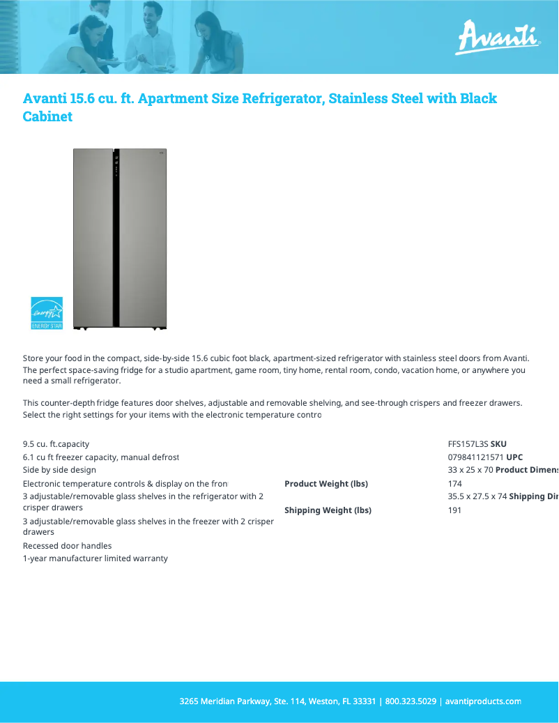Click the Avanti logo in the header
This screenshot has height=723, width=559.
(x=498, y=38)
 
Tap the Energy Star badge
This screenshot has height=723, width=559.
(x=47, y=313)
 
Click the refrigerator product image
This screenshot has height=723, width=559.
(x=120, y=238)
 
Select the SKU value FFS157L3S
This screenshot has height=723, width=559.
(x=468, y=444)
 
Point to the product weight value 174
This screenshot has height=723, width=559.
(x=454, y=484)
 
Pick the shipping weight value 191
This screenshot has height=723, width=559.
(x=454, y=510)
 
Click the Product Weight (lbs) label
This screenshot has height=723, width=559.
(x=326, y=484)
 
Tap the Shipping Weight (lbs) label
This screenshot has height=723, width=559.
(x=328, y=510)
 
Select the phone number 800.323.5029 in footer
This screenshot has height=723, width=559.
(x=411, y=701)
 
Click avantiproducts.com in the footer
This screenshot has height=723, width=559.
(x=483, y=701)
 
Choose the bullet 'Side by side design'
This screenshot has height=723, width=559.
(x=59, y=471)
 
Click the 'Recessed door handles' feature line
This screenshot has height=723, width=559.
(x=67, y=546)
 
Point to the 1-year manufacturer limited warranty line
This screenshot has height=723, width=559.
(x=95, y=558)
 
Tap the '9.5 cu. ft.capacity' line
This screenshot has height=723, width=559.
(x=56, y=444)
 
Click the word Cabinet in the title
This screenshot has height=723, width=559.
(x=47, y=116)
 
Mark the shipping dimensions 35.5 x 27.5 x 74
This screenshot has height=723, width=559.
(x=477, y=497)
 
